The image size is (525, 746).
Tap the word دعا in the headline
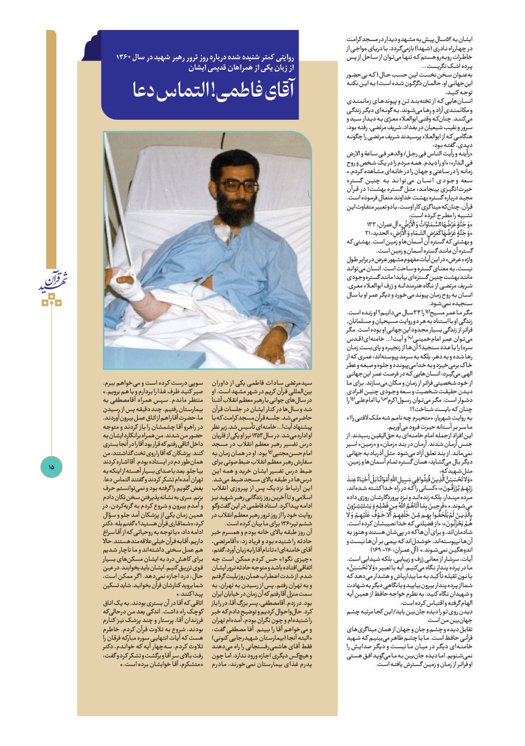click(150, 92)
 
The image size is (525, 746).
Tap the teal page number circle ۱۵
click(51, 467)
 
